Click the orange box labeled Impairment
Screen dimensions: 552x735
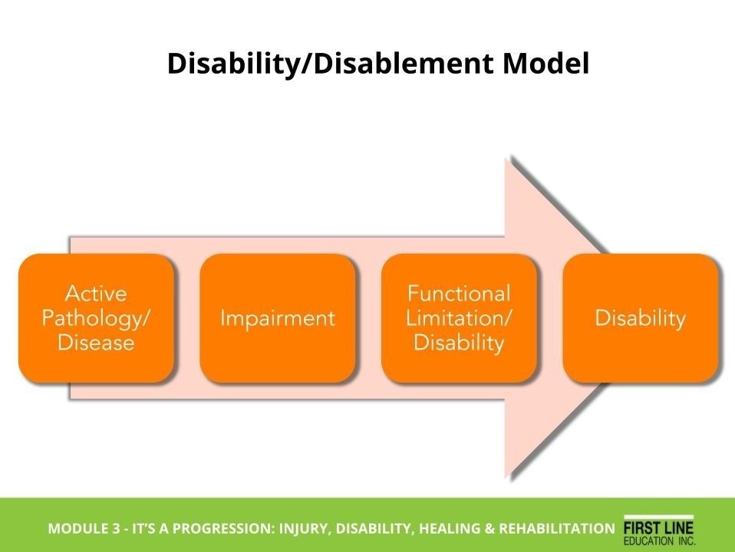[x=277, y=318]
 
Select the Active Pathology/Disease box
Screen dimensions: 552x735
[x=96, y=318]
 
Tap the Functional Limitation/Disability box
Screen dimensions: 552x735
[x=459, y=318]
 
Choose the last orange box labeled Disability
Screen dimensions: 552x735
[x=640, y=318]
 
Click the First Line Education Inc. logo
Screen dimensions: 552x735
[x=658, y=528]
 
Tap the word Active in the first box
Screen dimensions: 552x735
[x=96, y=294]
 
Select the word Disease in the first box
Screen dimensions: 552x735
[x=96, y=342]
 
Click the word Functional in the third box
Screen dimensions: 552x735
[x=459, y=294]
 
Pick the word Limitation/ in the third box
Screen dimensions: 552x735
[x=459, y=318]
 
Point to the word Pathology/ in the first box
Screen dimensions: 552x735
[x=96, y=318]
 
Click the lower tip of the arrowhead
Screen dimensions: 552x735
[x=509, y=479]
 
